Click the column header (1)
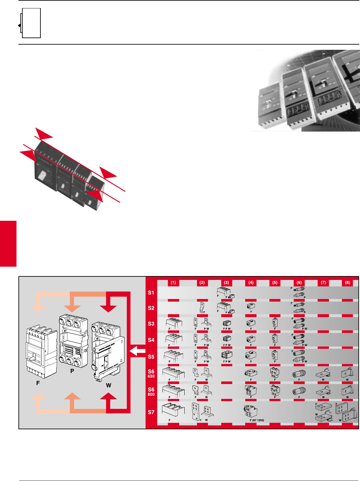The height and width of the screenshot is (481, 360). [173, 283]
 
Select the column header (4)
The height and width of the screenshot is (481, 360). [251, 283]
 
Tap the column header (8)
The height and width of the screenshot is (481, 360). [347, 283]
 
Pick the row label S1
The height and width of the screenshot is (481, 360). [151, 293]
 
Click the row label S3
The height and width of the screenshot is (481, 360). [151, 324]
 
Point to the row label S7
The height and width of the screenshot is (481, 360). [151, 412]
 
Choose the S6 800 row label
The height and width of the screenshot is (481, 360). [151, 391]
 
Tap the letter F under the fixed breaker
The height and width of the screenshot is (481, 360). [38, 383]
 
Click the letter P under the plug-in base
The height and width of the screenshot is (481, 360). [72, 371]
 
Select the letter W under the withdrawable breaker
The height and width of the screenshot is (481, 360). [108, 385]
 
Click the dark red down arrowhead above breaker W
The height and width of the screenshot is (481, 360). [108, 308]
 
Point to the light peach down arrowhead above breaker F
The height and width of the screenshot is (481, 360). [38, 308]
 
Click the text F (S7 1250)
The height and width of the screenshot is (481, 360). [257, 420]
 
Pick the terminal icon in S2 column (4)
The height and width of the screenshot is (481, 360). [251, 306]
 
